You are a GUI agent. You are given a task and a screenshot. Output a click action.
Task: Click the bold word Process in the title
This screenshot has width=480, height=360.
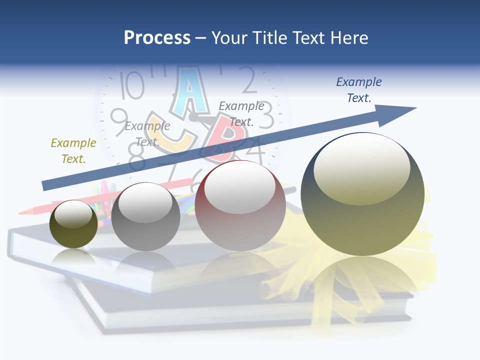[x=157, y=37]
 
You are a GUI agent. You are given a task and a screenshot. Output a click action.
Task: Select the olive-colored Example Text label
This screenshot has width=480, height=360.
[x=73, y=151]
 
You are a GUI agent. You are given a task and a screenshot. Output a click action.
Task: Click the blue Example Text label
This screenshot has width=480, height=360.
[x=359, y=90]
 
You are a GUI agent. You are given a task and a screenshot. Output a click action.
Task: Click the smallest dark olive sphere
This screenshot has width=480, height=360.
[x=73, y=224]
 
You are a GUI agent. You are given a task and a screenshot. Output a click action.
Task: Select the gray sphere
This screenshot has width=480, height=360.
[x=145, y=216]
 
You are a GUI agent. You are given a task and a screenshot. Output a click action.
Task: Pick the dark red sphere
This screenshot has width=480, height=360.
[x=240, y=205]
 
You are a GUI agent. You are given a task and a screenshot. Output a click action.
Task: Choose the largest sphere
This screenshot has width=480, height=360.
[x=362, y=194]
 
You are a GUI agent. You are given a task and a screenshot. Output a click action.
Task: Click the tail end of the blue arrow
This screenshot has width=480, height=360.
[x=45, y=185]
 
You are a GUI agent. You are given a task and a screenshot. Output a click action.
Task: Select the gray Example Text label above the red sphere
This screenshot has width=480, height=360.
[x=241, y=113]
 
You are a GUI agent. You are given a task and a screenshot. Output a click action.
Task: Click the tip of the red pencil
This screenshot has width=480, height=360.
[x=21, y=212]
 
